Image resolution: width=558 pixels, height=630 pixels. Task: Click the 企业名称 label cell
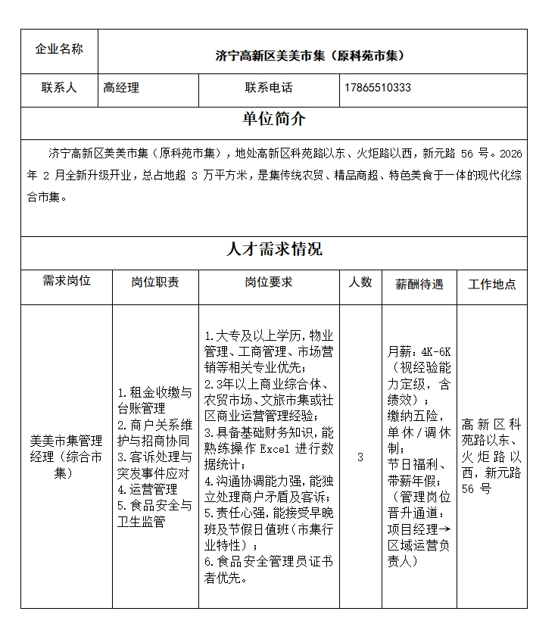[59, 49]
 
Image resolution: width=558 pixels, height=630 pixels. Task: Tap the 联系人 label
[59, 88]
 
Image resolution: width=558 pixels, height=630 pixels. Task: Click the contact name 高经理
[121, 88]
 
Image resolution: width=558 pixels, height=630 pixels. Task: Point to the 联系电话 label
[268, 88]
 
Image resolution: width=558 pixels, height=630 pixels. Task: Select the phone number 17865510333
[377, 88]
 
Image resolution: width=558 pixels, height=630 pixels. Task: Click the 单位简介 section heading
[274, 119]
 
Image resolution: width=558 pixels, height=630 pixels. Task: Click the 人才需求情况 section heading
[274, 249]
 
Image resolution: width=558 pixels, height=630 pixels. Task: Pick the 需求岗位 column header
[67, 281]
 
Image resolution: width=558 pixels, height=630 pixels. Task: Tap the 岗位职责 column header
[155, 282]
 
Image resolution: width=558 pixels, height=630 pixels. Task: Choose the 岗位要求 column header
[268, 282]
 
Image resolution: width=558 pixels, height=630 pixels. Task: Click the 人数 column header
[360, 282]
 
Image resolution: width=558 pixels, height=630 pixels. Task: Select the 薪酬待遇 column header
[419, 285]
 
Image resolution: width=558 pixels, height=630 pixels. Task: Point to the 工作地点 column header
[492, 285]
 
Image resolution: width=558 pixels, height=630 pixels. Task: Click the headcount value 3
[360, 457]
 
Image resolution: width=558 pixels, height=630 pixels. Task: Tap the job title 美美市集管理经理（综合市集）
[67, 457]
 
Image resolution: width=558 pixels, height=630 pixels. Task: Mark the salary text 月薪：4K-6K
[419, 352]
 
